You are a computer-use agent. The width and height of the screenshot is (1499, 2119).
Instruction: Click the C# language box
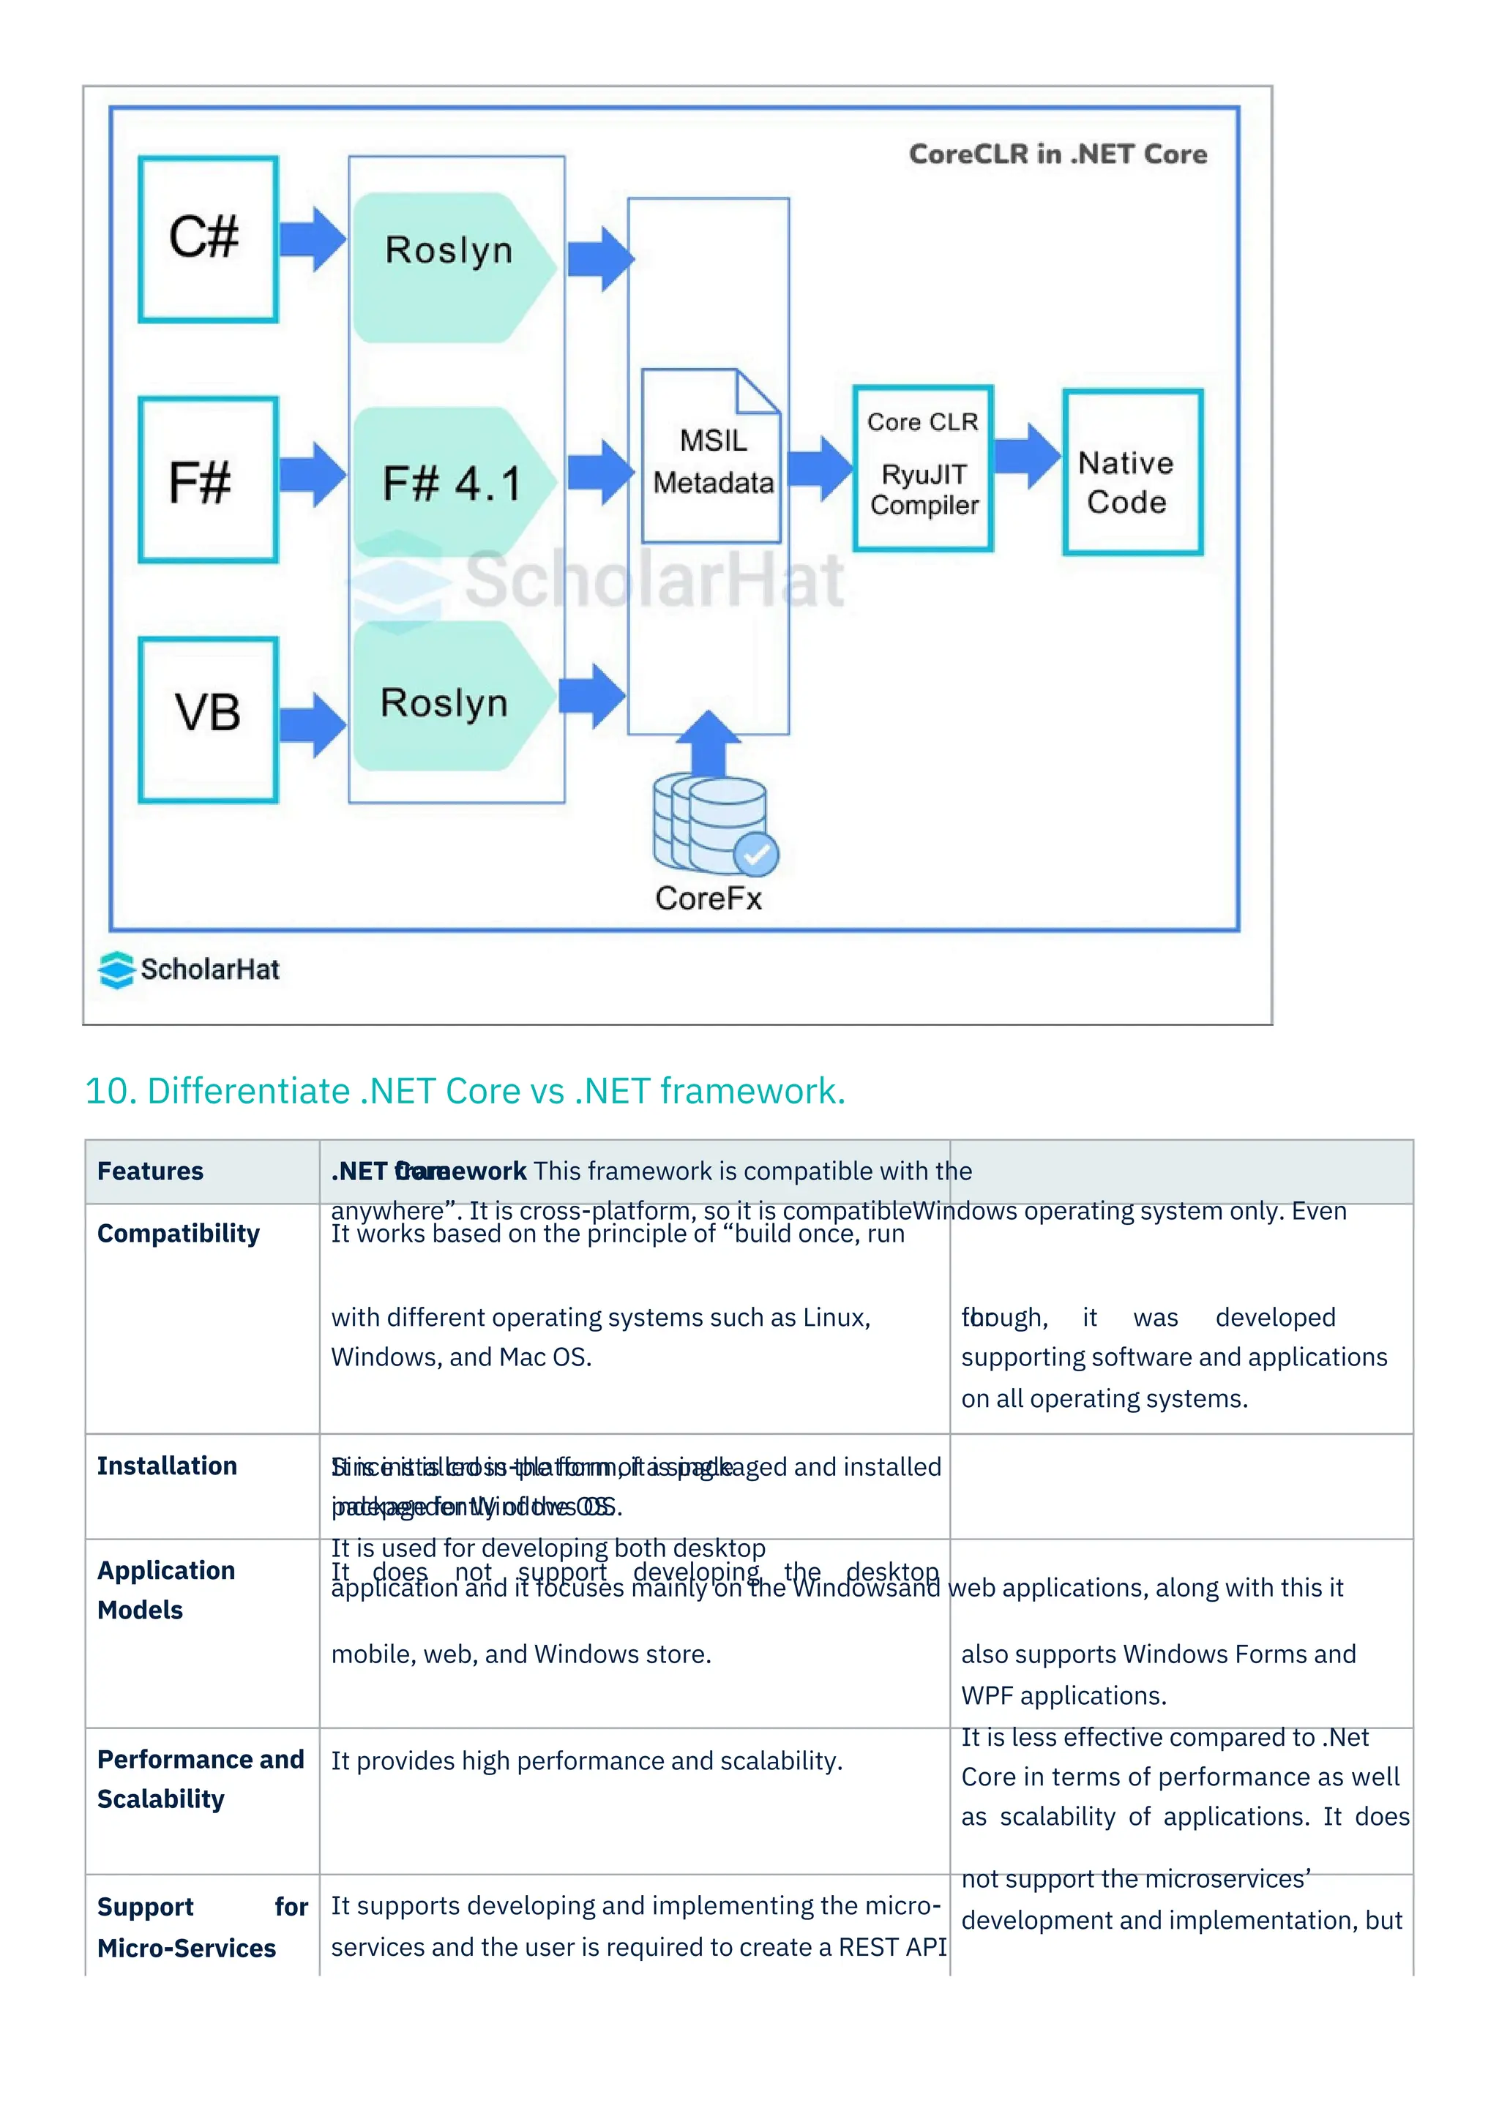pyautogui.click(x=208, y=239)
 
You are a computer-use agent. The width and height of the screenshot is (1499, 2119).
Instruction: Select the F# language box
pyautogui.click(x=208, y=479)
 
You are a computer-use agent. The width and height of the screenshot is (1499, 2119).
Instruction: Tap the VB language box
pyautogui.click(x=208, y=719)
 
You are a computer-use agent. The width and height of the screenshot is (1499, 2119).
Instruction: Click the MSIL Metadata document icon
pyautogui.click(x=711, y=456)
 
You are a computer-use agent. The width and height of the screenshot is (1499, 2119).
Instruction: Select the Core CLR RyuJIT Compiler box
pyautogui.click(x=922, y=468)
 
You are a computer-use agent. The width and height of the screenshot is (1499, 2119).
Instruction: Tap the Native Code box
pyautogui.click(x=1132, y=473)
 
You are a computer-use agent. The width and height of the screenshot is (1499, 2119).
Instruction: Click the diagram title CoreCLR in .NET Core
pyautogui.click(x=1057, y=154)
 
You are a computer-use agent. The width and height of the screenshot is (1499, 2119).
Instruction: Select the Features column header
pyautogui.click(x=151, y=1171)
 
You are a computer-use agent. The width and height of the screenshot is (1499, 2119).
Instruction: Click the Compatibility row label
pyautogui.click(x=178, y=1234)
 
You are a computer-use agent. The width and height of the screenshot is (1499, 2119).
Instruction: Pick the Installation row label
pyautogui.click(x=167, y=1466)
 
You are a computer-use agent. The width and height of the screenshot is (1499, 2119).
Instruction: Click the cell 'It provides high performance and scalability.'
pyautogui.click(x=586, y=1761)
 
